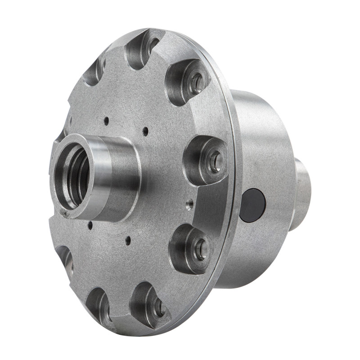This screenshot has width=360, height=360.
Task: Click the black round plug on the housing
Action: pyautogui.click(x=253, y=205)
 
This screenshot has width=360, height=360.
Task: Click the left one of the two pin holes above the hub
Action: pyautogui.click(x=106, y=121)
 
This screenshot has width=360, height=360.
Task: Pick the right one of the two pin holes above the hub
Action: pyautogui.click(x=145, y=131)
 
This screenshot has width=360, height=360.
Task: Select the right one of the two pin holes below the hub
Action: pyautogui.click(x=128, y=241)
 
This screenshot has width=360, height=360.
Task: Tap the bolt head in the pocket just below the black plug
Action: pyautogui.click(x=199, y=248)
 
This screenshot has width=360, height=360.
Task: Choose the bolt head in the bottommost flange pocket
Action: pyautogui.click(x=158, y=307)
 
